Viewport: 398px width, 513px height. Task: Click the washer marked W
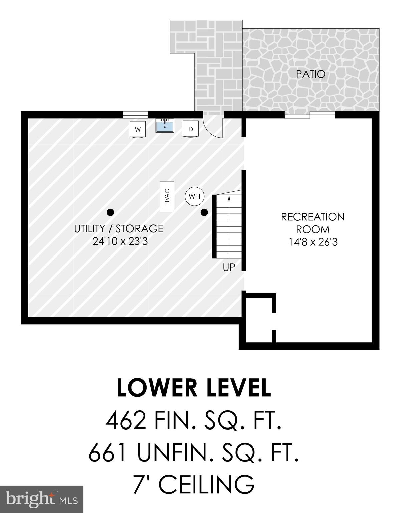pos(138,129)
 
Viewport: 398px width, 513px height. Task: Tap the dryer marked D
pos(191,129)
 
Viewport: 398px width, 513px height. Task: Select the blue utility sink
pos(165,126)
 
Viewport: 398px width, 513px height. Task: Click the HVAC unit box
pos(167,196)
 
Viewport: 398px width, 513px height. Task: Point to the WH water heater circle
pos(194,196)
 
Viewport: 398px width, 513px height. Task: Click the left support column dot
pos(110,212)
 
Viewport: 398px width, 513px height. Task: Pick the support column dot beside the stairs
pos(204,212)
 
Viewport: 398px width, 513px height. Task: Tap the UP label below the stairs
pos(229,267)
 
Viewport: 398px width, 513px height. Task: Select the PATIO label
pos(310,74)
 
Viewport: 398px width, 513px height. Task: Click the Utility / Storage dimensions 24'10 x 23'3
pos(120,241)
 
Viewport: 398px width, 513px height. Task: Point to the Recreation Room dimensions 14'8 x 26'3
pos(313,242)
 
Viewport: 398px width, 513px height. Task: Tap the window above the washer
pos(135,115)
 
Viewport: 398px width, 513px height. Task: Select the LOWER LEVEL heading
pos(194,388)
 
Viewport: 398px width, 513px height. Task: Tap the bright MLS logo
pos(41,499)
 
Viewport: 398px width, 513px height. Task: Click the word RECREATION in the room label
pos(312,217)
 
